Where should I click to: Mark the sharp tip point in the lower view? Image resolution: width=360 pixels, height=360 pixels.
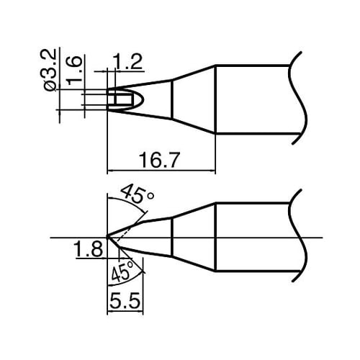click(107, 236)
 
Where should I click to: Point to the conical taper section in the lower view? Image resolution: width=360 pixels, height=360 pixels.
click(194, 235)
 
